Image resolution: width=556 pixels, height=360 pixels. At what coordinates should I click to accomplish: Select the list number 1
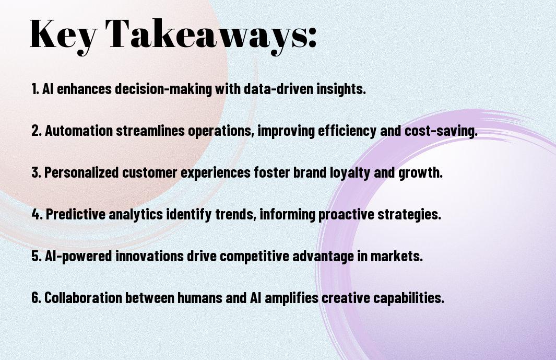coord(35,89)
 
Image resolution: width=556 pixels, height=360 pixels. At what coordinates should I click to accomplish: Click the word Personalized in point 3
coord(81,172)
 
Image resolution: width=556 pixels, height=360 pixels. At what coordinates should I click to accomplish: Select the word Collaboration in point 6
coord(83,297)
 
